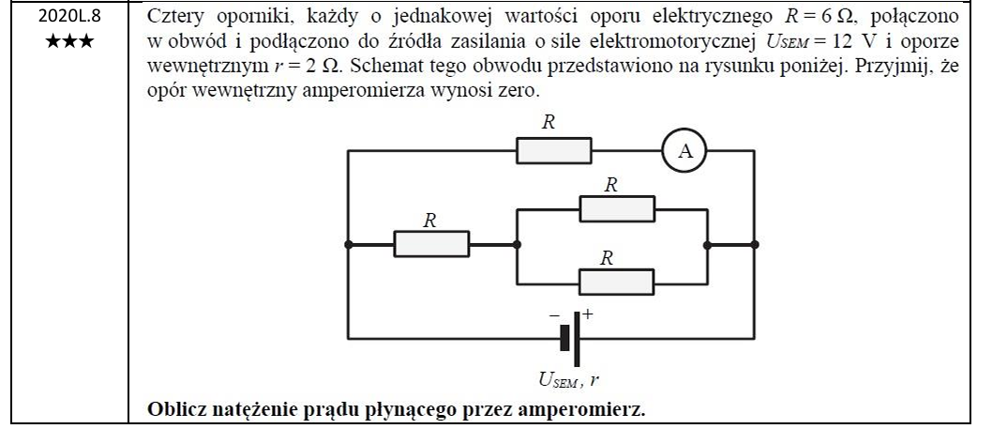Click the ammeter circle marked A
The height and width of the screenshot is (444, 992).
[684, 151]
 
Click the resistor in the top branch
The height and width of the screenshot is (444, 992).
[554, 151]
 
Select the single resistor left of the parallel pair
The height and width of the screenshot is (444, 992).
[430, 244]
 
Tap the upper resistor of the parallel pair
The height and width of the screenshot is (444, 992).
[616, 208]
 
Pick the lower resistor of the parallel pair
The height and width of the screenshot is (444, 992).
[616, 281]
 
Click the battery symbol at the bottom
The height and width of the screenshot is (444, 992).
[570, 337]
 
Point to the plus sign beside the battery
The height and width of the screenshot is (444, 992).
[589, 314]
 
